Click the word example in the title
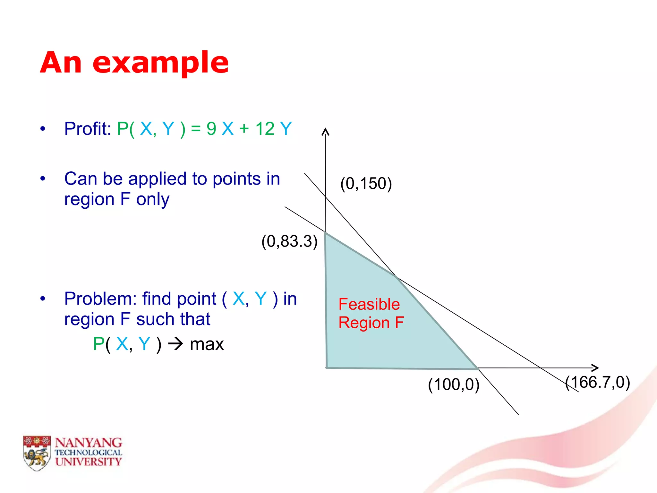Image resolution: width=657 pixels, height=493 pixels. (160, 63)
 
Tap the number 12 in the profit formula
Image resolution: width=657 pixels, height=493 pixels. (265, 129)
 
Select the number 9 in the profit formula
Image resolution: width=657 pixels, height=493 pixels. (211, 129)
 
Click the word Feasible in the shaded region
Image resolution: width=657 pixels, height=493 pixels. (369, 304)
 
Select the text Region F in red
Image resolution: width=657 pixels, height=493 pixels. (371, 323)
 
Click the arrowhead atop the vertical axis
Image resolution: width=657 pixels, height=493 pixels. (325, 131)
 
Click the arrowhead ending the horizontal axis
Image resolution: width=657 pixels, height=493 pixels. (596, 368)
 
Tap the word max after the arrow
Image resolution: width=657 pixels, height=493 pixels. (207, 344)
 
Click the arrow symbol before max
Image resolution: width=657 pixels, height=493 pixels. (176, 344)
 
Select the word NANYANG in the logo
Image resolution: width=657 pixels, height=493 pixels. (88, 443)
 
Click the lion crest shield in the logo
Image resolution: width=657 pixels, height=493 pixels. (37, 453)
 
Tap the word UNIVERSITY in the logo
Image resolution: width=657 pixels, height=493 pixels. (88, 462)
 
